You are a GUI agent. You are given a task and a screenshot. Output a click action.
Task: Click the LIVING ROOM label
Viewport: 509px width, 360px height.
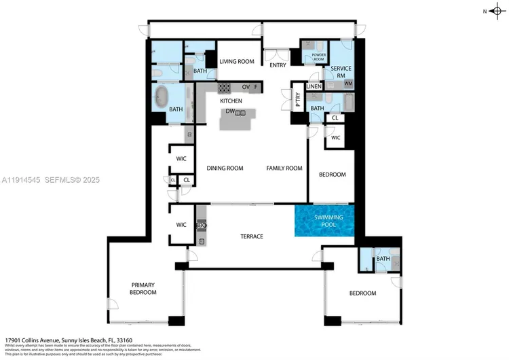click(x=237, y=62)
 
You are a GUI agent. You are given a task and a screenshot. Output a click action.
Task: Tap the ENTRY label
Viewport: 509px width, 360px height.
click(x=278, y=65)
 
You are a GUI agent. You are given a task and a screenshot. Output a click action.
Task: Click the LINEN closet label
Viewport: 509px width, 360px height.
click(x=314, y=87)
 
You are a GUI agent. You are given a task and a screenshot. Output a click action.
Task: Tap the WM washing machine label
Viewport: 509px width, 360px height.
click(x=348, y=84)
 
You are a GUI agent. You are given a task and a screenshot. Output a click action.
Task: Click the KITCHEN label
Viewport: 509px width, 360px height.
click(x=231, y=101)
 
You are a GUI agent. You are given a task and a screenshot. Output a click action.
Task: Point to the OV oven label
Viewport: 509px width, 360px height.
click(x=246, y=87)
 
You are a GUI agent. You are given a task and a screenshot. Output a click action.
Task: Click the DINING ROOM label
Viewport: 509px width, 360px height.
click(x=225, y=168)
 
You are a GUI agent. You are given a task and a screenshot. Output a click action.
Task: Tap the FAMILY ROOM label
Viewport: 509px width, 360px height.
click(x=284, y=168)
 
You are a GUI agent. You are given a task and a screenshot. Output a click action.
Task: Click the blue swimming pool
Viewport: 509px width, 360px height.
click(x=324, y=221)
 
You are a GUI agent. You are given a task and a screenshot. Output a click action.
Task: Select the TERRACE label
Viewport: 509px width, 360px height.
click(x=251, y=236)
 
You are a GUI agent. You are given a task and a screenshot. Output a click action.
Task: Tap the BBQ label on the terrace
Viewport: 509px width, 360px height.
click(x=201, y=225)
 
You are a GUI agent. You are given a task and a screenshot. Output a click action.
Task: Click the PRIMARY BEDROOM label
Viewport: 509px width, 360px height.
click(x=143, y=288)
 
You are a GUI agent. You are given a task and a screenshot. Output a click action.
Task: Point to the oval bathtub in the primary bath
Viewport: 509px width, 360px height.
click(x=164, y=96)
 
